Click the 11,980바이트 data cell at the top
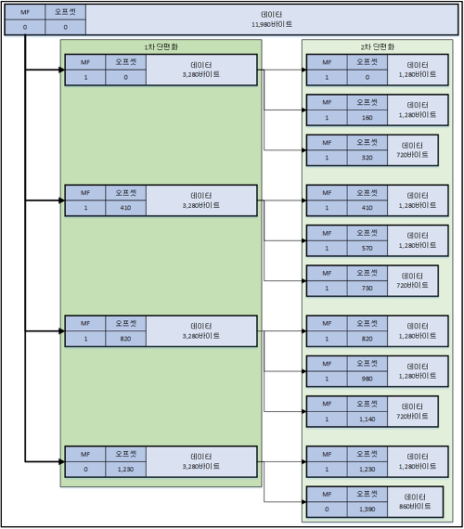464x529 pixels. tap(272, 19)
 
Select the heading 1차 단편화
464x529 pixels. tap(161, 47)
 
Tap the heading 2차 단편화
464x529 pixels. tap(378, 47)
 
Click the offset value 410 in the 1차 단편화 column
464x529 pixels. tap(125, 208)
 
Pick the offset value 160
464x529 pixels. tap(367, 118)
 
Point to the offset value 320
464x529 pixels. tap(367, 158)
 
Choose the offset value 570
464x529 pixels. tap(367, 249)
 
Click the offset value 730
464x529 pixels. tap(367, 288)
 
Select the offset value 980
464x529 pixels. tap(367, 379)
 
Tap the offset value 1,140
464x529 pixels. tap(367, 419)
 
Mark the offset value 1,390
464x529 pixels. tap(367, 510)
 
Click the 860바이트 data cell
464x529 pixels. tap(415, 502)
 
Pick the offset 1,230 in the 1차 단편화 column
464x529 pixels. tap(125, 470)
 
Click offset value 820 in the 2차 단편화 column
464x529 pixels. tap(367, 339)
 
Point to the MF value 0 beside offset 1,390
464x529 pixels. tap(327, 510)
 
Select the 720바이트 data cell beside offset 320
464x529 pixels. tap(413, 150)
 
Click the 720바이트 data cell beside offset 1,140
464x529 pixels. tap(413, 411)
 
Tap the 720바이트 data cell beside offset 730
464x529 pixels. tap(413, 280)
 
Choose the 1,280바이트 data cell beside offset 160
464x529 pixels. tap(418, 110)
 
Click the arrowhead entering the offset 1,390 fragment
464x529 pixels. tap(304, 502)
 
